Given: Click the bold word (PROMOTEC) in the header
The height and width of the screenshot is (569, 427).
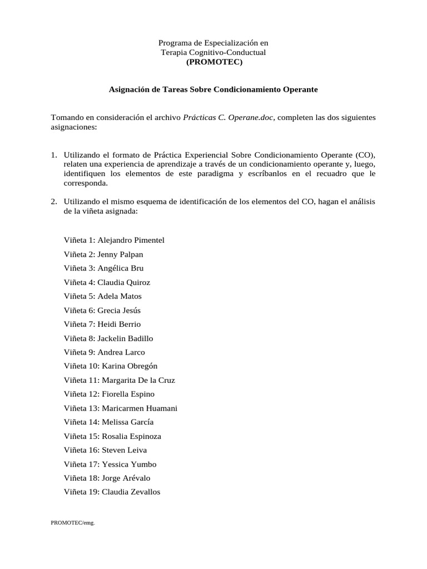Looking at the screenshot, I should coord(214,62).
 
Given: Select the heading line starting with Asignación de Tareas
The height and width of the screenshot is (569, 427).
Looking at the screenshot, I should coord(213,89).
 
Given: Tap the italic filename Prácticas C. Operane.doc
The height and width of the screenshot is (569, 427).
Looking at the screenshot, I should coord(229,118).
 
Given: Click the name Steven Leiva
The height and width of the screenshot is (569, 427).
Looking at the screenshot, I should coord(125,450).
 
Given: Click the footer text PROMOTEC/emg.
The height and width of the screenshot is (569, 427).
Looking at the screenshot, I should coord(73,522).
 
